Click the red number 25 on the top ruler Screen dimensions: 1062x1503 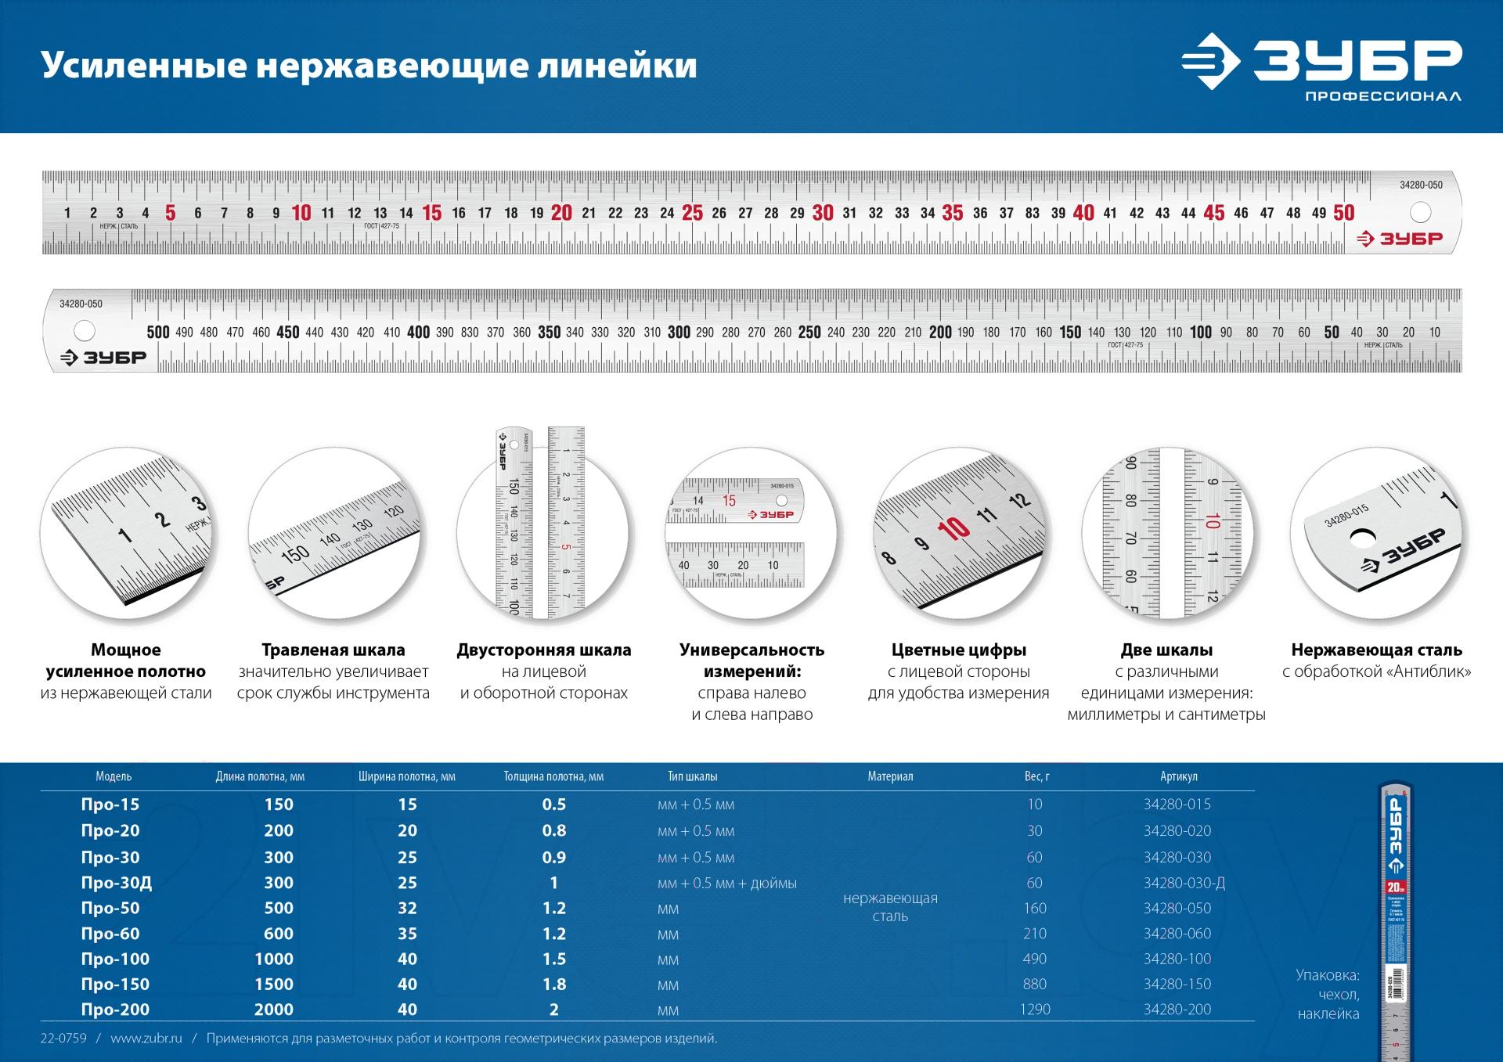[x=692, y=213]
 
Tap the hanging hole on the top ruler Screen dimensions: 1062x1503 [x=1420, y=212]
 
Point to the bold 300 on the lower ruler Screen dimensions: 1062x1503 [x=679, y=332]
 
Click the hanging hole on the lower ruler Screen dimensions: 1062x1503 [x=84, y=331]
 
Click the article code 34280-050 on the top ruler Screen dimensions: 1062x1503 [x=1421, y=185]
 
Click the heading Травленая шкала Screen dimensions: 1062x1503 [x=333, y=650]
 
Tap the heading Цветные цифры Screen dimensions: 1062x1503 [x=958, y=650]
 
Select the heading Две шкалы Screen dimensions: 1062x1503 [x=1166, y=650]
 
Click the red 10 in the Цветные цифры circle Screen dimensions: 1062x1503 [x=954, y=530]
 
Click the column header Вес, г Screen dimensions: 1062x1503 [x=1036, y=776]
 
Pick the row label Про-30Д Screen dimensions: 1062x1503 [x=117, y=883]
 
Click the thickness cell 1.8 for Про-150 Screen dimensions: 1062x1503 [x=554, y=985]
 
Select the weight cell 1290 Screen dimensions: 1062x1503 [x=1035, y=1010]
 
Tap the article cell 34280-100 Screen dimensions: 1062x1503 [x=1177, y=959]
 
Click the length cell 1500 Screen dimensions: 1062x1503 [x=274, y=985]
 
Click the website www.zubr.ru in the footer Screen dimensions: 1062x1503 [x=146, y=1039]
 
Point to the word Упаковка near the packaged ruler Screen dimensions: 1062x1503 [x=1328, y=975]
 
